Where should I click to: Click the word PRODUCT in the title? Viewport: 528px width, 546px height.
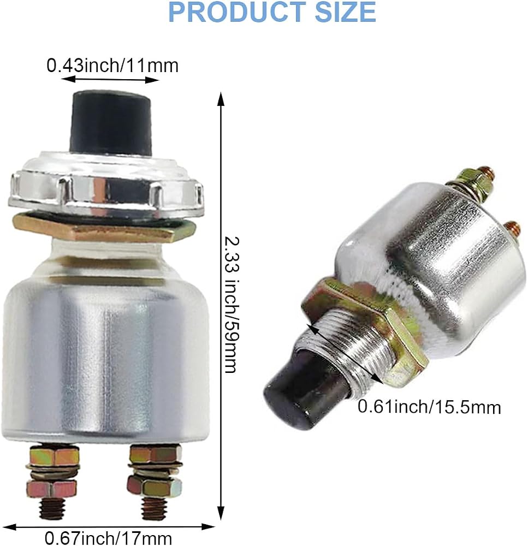(x=237, y=12)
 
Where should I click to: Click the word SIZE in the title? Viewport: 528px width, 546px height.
(x=345, y=12)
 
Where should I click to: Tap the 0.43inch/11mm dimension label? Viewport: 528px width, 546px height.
(x=112, y=66)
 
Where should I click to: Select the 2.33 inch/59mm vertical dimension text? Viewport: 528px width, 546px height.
(x=232, y=305)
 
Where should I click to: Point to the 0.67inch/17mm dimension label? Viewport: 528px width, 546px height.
(x=108, y=538)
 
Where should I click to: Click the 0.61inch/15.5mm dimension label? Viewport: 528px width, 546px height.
(x=429, y=407)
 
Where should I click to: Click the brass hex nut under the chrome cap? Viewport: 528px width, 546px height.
(x=104, y=227)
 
